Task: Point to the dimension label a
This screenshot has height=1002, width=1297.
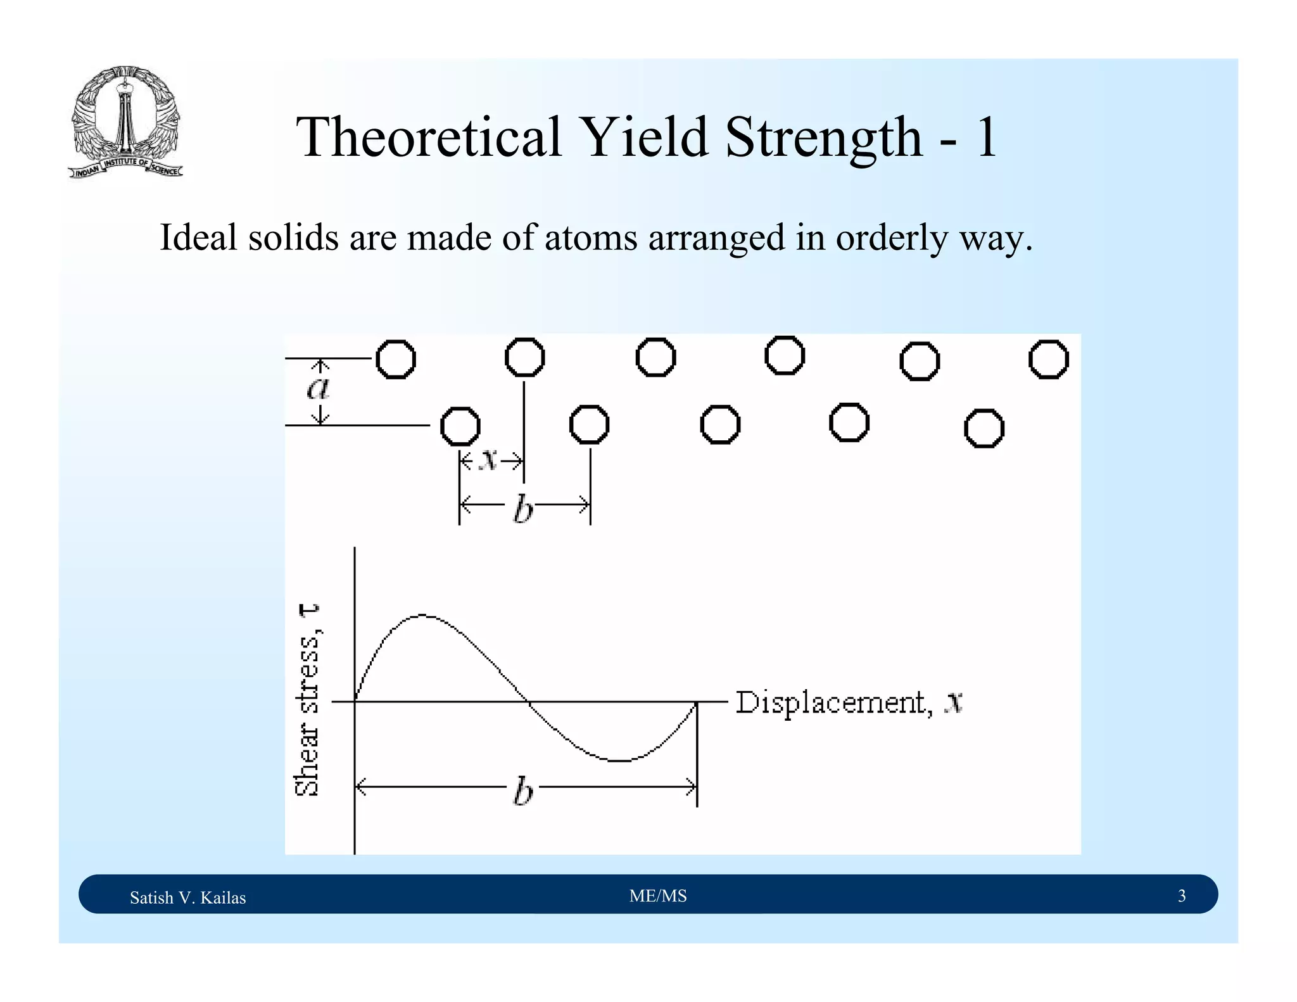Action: [319, 388]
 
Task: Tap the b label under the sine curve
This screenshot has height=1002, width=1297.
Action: [523, 791]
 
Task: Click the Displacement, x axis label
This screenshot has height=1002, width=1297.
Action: [849, 702]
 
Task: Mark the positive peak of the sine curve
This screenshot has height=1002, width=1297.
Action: [423, 615]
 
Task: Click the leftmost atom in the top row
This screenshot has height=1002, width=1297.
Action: [396, 359]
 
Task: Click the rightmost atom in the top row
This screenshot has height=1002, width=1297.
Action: [1048, 359]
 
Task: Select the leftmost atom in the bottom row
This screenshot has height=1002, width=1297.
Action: [460, 426]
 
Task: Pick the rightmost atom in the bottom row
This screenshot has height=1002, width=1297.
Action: [984, 428]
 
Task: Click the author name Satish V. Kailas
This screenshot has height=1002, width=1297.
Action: [187, 897]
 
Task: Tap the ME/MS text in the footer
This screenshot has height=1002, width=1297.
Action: [658, 896]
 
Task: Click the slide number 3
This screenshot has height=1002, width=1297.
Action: [1181, 896]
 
